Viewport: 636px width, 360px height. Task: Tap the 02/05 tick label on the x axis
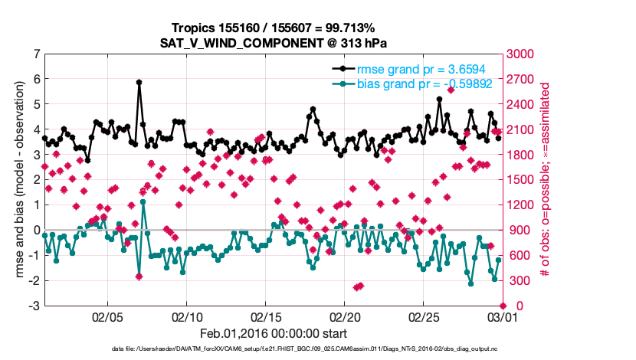click(x=107, y=316)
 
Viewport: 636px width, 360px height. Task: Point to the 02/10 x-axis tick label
click(x=186, y=316)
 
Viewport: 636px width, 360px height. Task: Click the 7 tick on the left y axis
click(x=36, y=54)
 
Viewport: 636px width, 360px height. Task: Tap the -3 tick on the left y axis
click(x=34, y=306)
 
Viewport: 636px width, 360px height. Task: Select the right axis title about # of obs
click(x=546, y=180)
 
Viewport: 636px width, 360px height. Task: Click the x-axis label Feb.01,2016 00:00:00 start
click(x=274, y=333)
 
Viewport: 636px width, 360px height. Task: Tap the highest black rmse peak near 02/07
click(x=139, y=82)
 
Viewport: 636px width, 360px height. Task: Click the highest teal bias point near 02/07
click(x=143, y=201)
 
